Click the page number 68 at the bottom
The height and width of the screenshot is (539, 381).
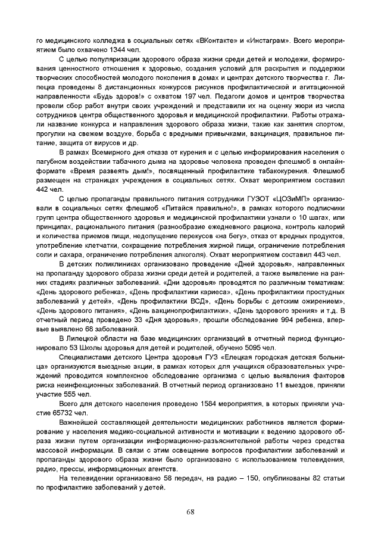click(190, 512)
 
